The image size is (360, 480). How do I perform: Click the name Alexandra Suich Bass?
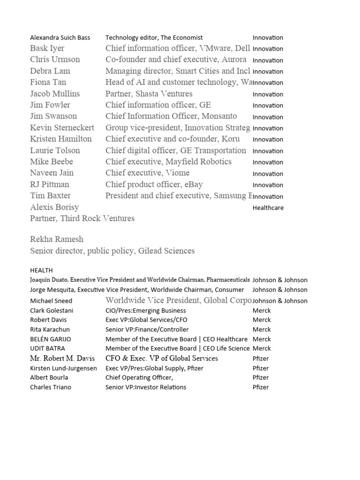[x=60, y=37]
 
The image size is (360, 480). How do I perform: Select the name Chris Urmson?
[x=55, y=60]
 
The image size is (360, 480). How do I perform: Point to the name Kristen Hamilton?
[x=61, y=139]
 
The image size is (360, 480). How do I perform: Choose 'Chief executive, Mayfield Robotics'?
[x=168, y=162]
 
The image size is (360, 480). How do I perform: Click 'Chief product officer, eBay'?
[x=154, y=184]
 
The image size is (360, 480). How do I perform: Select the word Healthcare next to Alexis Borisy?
[x=268, y=208]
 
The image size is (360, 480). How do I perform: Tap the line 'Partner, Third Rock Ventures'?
[x=82, y=218]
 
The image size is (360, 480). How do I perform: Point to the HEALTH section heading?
[x=41, y=270]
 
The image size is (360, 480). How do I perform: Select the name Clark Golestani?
[x=52, y=310]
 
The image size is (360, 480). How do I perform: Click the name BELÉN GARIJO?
[x=51, y=339]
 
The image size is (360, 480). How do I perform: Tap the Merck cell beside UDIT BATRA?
[x=262, y=348]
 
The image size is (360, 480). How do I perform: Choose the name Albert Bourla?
[x=49, y=377]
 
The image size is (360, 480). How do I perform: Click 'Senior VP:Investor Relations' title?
[x=146, y=387]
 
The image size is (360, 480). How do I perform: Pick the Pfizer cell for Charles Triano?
[x=261, y=387]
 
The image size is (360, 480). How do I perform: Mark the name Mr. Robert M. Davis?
[x=62, y=358]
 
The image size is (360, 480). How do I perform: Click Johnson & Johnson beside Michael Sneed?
[x=280, y=300]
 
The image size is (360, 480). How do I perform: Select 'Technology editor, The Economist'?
[x=154, y=37]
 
